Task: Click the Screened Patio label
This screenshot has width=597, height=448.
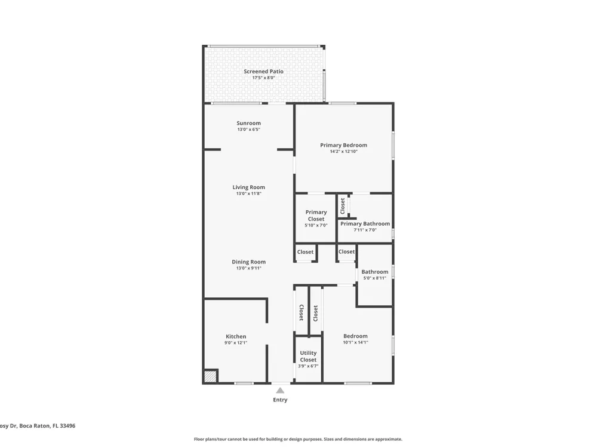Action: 263,71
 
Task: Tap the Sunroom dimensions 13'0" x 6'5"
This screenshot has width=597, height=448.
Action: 248,130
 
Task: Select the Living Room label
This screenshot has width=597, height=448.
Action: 248,187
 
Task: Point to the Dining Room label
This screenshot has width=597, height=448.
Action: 248,262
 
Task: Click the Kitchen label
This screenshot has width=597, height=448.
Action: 236,336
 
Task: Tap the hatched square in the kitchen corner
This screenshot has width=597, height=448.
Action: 210,376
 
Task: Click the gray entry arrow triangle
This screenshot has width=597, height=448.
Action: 280,390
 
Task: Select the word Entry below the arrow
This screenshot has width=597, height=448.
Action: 280,400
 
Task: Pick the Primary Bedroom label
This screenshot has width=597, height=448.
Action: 344,145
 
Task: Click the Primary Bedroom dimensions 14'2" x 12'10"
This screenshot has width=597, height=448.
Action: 344,152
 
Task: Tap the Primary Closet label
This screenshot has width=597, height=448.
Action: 316,216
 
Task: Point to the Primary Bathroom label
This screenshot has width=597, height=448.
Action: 365,223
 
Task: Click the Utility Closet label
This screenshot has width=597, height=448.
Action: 309,356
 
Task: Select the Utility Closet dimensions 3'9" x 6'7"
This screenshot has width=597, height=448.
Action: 309,366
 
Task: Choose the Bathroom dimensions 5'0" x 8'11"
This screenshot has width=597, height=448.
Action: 375,278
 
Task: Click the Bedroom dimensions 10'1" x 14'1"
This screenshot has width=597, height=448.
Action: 356,342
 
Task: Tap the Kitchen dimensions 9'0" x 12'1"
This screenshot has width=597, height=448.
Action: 236,343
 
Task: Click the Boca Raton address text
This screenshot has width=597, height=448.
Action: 38,426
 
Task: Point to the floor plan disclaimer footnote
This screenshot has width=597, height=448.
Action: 298,439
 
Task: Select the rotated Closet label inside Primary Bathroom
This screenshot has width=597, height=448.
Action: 343,205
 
